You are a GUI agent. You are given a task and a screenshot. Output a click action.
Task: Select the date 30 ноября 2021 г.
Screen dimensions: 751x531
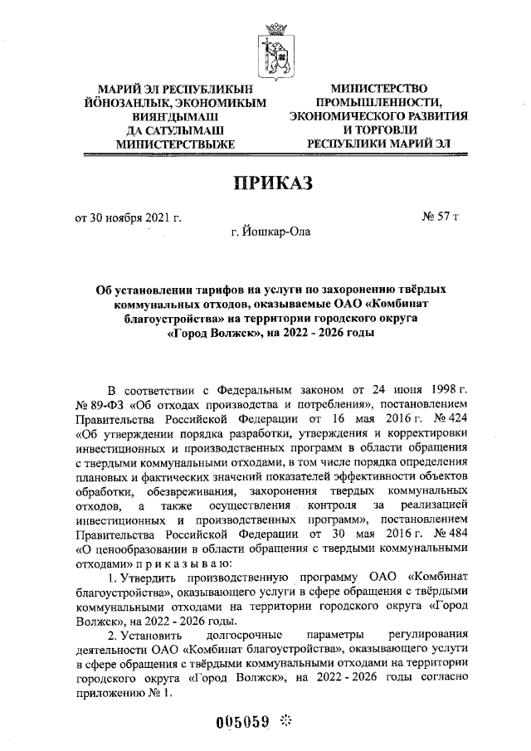coord(129,218)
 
